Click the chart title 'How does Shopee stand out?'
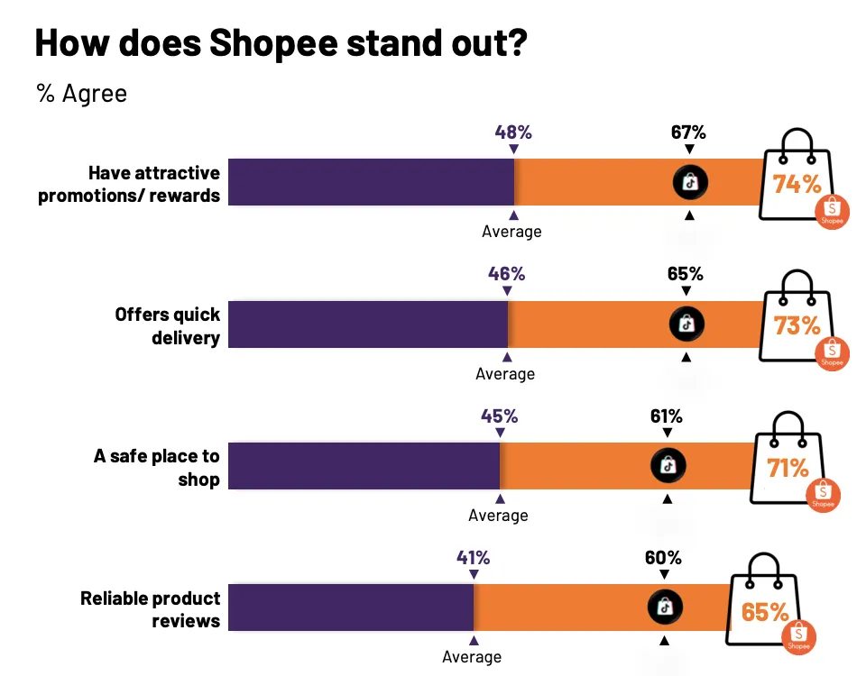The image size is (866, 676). (x=280, y=43)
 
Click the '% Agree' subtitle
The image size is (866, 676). (x=82, y=94)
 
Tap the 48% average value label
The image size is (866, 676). (x=513, y=132)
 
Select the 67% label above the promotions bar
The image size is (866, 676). (x=688, y=132)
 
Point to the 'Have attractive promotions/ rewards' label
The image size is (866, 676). (x=129, y=184)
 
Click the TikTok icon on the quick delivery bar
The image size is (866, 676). (x=686, y=324)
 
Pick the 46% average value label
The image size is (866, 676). (x=506, y=274)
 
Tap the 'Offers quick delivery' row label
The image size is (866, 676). (x=167, y=325)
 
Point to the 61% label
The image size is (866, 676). (x=667, y=416)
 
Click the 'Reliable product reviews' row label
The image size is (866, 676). (x=151, y=609)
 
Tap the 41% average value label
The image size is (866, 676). (x=473, y=558)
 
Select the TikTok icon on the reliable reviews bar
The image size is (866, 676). (x=665, y=607)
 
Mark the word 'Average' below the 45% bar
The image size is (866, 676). (x=498, y=516)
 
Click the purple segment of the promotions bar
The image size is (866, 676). (x=371, y=182)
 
